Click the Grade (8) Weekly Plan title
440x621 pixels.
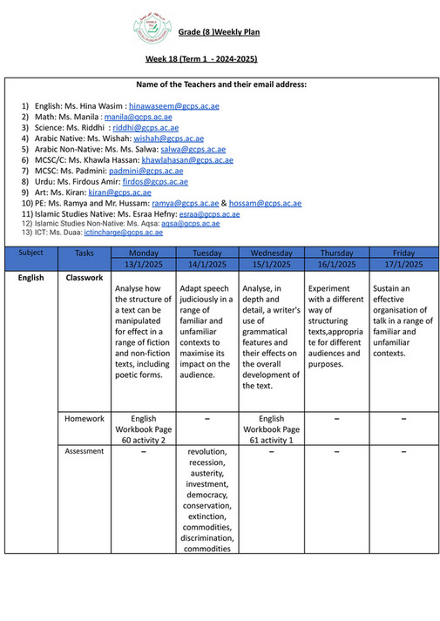tap(219, 32)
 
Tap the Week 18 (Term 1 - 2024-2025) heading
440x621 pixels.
tap(201, 58)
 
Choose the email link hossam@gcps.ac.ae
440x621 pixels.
tap(267, 203)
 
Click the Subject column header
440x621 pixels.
tap(30, 253)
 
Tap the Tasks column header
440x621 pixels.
tap(85, 253)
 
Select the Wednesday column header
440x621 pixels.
tap(271, 253)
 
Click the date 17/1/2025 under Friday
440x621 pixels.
tap(403, 264)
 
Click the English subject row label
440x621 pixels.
tap(30, 278)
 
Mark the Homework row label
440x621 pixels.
tap(85, 418)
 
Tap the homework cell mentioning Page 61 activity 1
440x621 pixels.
tap(271, 429)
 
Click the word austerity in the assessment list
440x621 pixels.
tap(206, 473)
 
